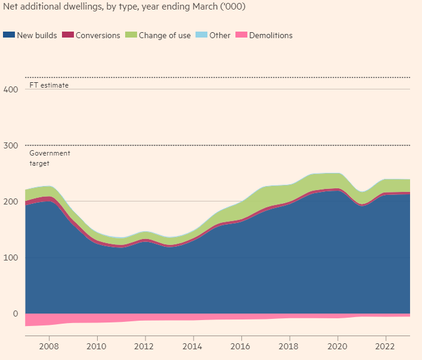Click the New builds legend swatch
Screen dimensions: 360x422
9,35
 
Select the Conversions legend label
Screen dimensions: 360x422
98,35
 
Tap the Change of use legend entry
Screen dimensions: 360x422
165,35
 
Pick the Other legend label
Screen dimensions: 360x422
219,35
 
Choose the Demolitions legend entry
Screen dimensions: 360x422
271,35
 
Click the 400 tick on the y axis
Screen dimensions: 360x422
12,89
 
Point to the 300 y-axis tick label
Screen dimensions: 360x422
12,145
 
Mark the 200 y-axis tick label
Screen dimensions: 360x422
12,201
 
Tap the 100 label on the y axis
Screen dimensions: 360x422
12,257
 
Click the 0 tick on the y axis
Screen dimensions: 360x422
16,314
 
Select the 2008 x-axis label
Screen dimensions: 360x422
48,346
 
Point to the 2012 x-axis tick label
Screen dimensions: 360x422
144,346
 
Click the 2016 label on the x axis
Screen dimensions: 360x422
241,346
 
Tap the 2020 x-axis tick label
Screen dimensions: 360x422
337,346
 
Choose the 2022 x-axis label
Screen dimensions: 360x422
386,346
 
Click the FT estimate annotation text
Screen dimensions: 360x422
49,85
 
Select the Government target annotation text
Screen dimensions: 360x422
49,158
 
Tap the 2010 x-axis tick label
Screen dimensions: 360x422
97,346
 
